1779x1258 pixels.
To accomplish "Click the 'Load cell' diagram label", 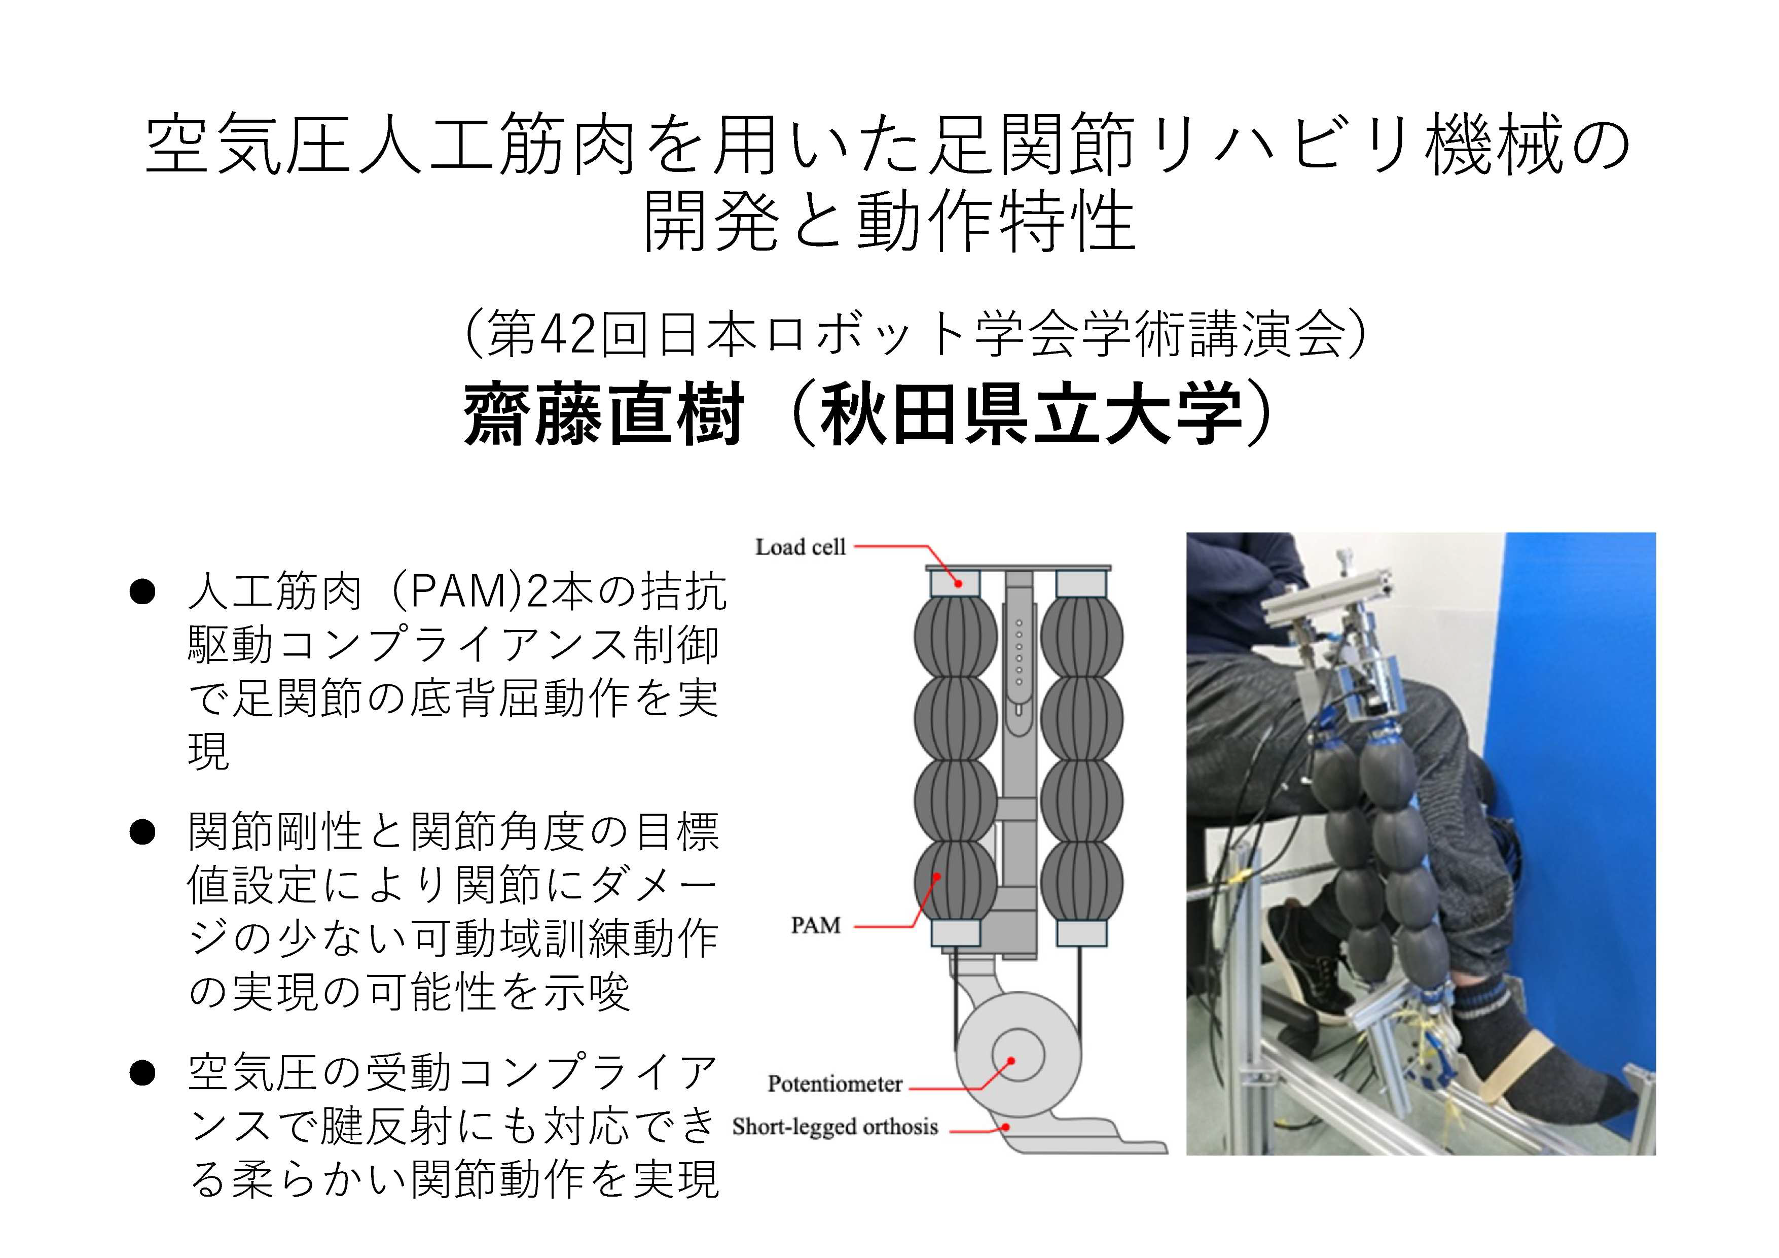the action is click(801, 547).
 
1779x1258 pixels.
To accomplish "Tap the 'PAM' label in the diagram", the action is click(815, 925).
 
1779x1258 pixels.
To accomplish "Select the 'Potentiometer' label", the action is click(834, 1084).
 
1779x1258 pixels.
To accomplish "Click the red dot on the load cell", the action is click(959, 583).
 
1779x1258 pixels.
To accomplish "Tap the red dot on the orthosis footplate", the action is click(1005, 1126).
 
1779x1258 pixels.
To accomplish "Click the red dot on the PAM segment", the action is click(937, 877).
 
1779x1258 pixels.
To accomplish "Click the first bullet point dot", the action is click(142, 593).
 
